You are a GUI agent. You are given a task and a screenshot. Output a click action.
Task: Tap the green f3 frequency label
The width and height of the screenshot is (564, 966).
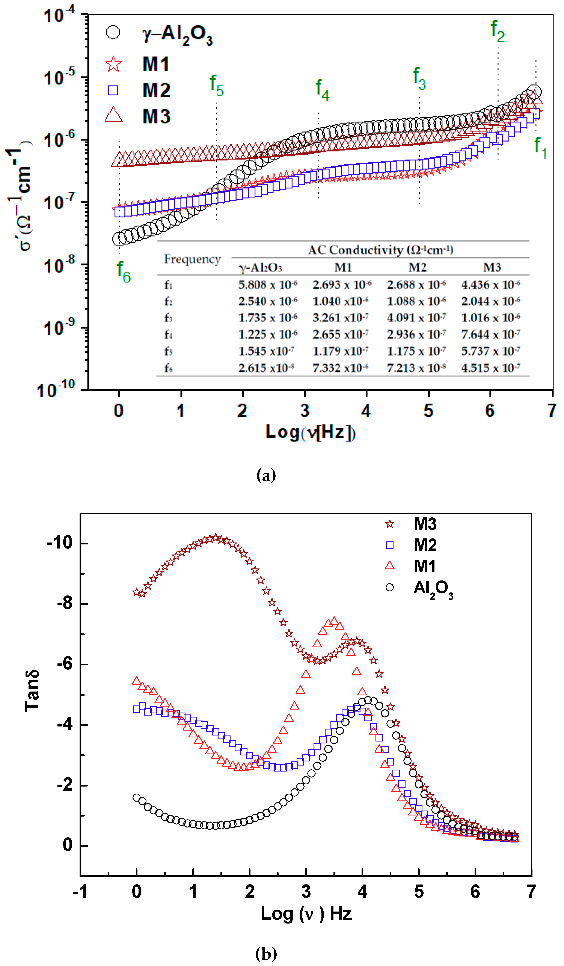pyautogui.click(x=419, y=79)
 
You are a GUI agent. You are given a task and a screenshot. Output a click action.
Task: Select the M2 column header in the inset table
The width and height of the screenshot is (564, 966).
pyautogui.click(x=417, y=267)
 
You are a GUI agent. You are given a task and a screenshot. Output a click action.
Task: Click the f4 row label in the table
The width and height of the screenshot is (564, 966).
pyautogui.click(x=169, y=335)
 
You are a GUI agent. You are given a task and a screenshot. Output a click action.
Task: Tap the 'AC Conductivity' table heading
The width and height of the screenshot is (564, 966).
pyautogui.click(x=380, y=250)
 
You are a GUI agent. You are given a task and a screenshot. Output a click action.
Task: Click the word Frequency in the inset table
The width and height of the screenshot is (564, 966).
pyautogui.click(x=193, y=259)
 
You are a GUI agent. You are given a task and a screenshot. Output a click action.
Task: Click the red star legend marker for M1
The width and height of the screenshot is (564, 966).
pyautogui.click(x=113, y=64)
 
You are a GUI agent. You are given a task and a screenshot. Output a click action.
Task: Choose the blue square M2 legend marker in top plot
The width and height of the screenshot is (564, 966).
pyautogui.click(x=113, y=90)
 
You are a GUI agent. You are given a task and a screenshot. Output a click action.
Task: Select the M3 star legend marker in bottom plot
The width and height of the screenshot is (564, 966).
pyautogui.click(x=390, y=524)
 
